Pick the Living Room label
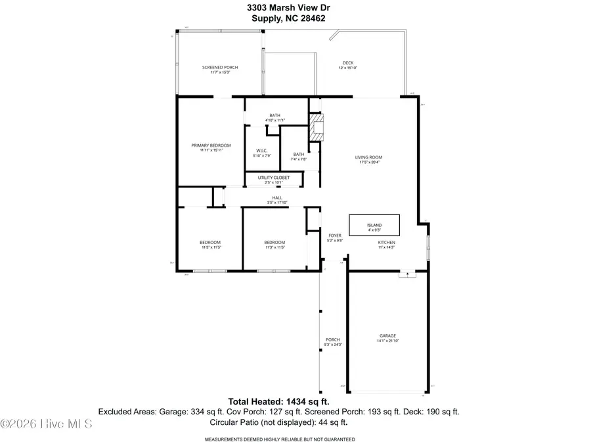coord(368,159)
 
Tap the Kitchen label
coord(386,244)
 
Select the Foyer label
coord(335,237)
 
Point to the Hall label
coord(277,199)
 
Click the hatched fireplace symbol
coord(318,128)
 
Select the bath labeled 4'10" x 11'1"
coord(274,118)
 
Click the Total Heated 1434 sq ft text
coord(278,401)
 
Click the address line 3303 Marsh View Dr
coord(279,8)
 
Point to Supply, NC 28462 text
coord(279,18)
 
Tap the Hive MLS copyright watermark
coord(47,424)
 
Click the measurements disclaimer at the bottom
coord(280,439)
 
